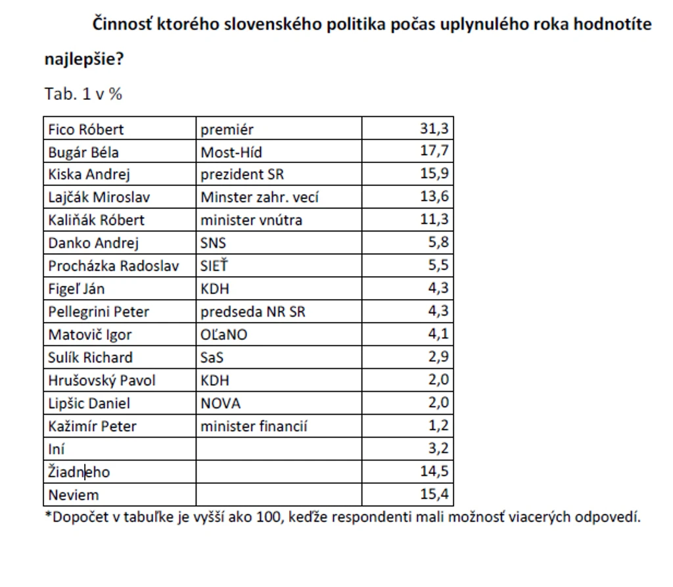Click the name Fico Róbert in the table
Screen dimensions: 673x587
tap(86, 129)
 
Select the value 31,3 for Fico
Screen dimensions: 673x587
tap(434, 128)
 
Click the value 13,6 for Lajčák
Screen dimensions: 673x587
tap(434, 197)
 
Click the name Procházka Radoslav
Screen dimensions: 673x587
tap(113, 266)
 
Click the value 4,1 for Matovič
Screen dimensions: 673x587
tap(438, 334)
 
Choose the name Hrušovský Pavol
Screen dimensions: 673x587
tap(102, 381)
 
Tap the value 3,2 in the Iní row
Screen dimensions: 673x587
tap(438, 448)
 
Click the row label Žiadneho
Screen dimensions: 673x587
tap(79, 471)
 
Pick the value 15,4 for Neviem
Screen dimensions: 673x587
tap(434, 494)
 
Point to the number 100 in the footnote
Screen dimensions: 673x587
tap(269, 517)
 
